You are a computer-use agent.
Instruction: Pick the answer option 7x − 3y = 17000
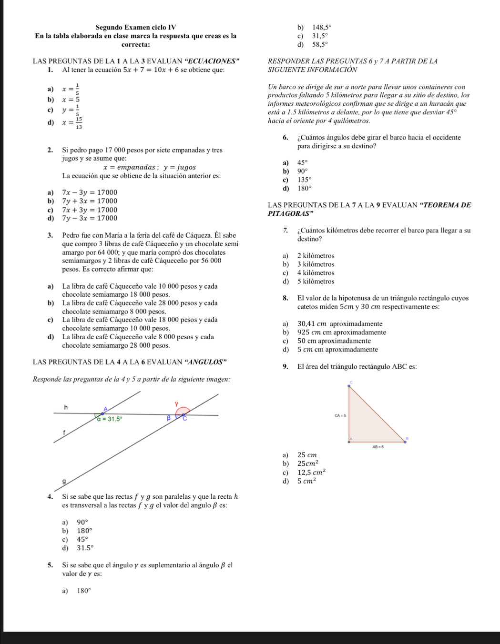[x=90, y=192]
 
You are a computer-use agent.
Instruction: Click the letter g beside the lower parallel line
[x=63, y=482]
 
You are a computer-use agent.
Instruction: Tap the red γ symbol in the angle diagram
[x=176, y=404]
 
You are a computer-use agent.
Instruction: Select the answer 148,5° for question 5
[x=321, y=27]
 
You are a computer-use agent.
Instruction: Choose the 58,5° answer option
[x=320, y=45]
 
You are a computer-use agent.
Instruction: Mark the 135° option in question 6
[x=304, y=180]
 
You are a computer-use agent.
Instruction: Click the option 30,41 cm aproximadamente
[x=339, y=324]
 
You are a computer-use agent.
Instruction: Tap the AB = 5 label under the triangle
[x=378, y=447]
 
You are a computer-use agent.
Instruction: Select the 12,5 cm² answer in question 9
[x=311, y=472]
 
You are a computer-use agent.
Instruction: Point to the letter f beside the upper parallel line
[x=63, y=432]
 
